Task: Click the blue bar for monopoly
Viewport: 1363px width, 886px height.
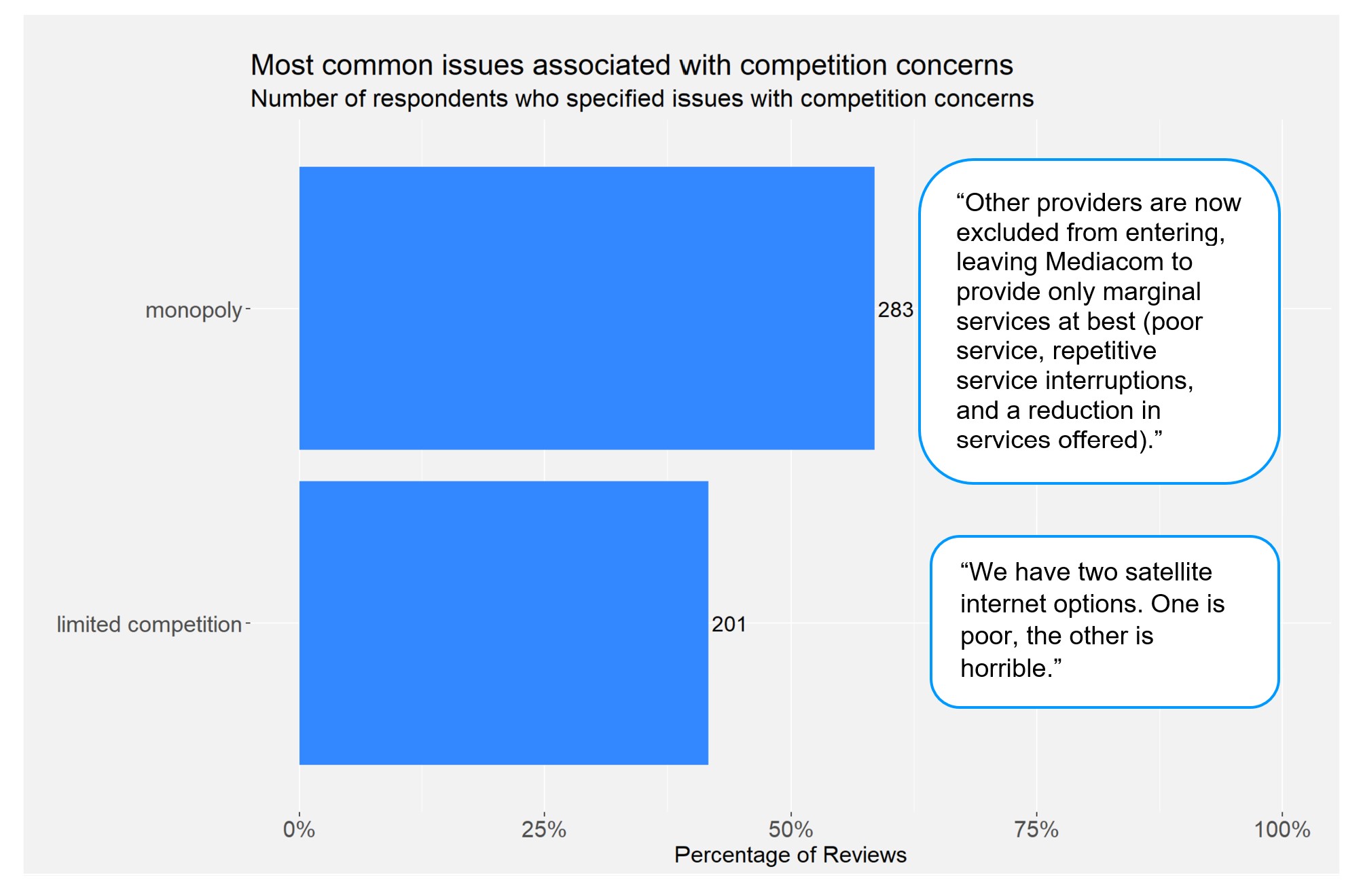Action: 586,308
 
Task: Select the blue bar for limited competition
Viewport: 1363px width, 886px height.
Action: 503,623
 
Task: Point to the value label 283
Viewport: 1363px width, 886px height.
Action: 895,310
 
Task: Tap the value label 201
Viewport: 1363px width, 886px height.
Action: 729,624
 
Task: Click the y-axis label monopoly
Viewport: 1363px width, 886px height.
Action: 194,310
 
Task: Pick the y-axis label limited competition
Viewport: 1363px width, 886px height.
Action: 149,624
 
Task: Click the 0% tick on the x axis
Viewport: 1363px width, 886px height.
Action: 299,829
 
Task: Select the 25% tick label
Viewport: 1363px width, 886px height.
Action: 544,829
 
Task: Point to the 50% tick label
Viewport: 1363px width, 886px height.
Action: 790,829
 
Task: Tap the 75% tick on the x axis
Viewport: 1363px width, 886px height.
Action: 1036,829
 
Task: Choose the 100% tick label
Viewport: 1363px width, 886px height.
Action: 1282,829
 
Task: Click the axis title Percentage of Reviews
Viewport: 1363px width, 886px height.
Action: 790,855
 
